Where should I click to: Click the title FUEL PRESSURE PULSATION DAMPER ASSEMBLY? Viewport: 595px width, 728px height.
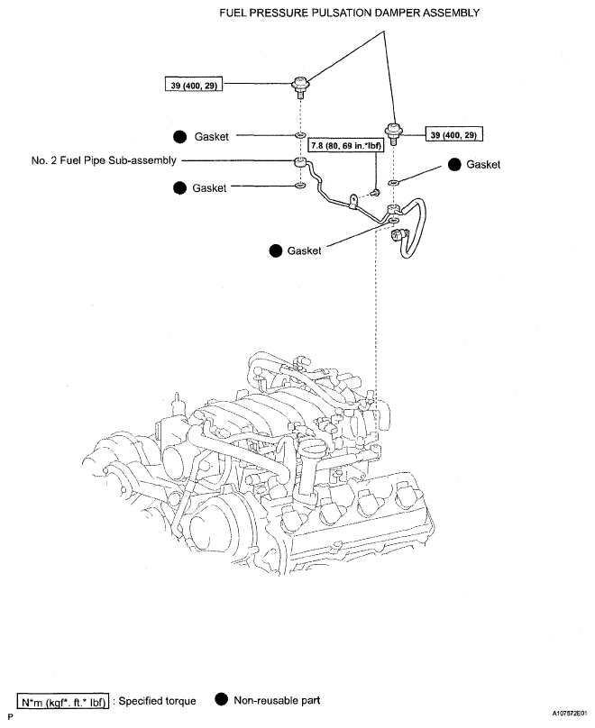tap(349, 13)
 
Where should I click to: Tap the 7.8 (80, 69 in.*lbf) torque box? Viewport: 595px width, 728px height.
tap(345, 145)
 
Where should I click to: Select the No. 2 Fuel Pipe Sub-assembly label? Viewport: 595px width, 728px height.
tap(104, 160)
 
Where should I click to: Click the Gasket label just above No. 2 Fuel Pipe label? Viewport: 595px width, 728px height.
tap(211, 137)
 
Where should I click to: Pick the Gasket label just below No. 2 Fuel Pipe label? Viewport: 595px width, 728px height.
tap(209, 188)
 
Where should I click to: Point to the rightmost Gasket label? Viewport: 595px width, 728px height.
tap(483, 164)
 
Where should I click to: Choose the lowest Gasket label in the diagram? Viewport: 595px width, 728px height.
tap(304, 250)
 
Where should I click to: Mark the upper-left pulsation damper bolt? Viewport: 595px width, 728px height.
tap(300, 86)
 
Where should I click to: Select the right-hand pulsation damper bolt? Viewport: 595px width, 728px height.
tap(394, 134)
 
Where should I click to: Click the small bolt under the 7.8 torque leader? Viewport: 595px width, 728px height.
tap(375, 192)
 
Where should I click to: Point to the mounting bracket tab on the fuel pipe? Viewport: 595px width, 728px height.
tap(353, 201)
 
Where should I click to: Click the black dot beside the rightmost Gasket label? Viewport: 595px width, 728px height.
tap(454, 164)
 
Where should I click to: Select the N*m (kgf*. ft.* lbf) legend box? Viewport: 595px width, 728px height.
tap(63, 701)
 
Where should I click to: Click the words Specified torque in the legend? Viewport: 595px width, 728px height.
tap(157, 701)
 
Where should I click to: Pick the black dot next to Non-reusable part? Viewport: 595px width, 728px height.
tap(222, 699)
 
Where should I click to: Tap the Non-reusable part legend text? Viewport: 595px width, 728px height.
tap(277, 700)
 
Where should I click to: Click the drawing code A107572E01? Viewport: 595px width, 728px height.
tap(570, 713)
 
